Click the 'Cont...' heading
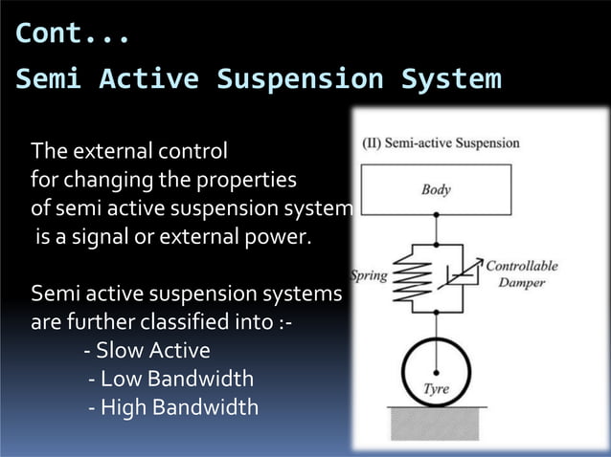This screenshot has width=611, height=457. point(73,33)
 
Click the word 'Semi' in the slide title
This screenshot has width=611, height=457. point(47,78)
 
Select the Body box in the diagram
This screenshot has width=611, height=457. point(436,189)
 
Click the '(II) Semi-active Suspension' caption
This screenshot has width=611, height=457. point(440,143)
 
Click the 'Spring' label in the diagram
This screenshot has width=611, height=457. point(370,275)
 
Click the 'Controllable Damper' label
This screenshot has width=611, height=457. point(522,274)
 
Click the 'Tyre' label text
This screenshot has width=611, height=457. point(436,389)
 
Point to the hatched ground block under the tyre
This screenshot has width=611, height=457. point(437,423)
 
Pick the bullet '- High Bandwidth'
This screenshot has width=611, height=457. point(172,407)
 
